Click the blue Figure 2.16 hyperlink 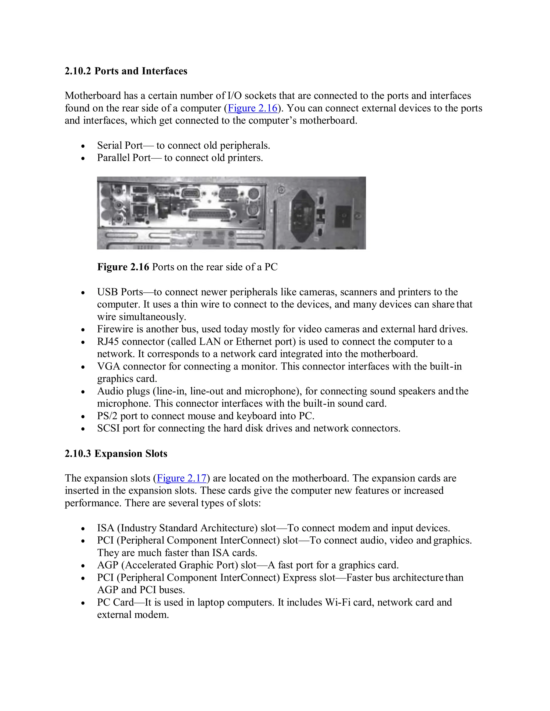pyautogui.click(x=252, y=108)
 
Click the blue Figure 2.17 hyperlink pyautogui.click(x=182, y=478)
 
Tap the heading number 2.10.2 pyautogui.click(x=78, y=71)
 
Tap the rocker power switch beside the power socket pyautogui.click(x=343, y=217)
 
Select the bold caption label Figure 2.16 pyautogui.click(x=123, y=267)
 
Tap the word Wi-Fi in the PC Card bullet pyautogui.click(x=338, y=602)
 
